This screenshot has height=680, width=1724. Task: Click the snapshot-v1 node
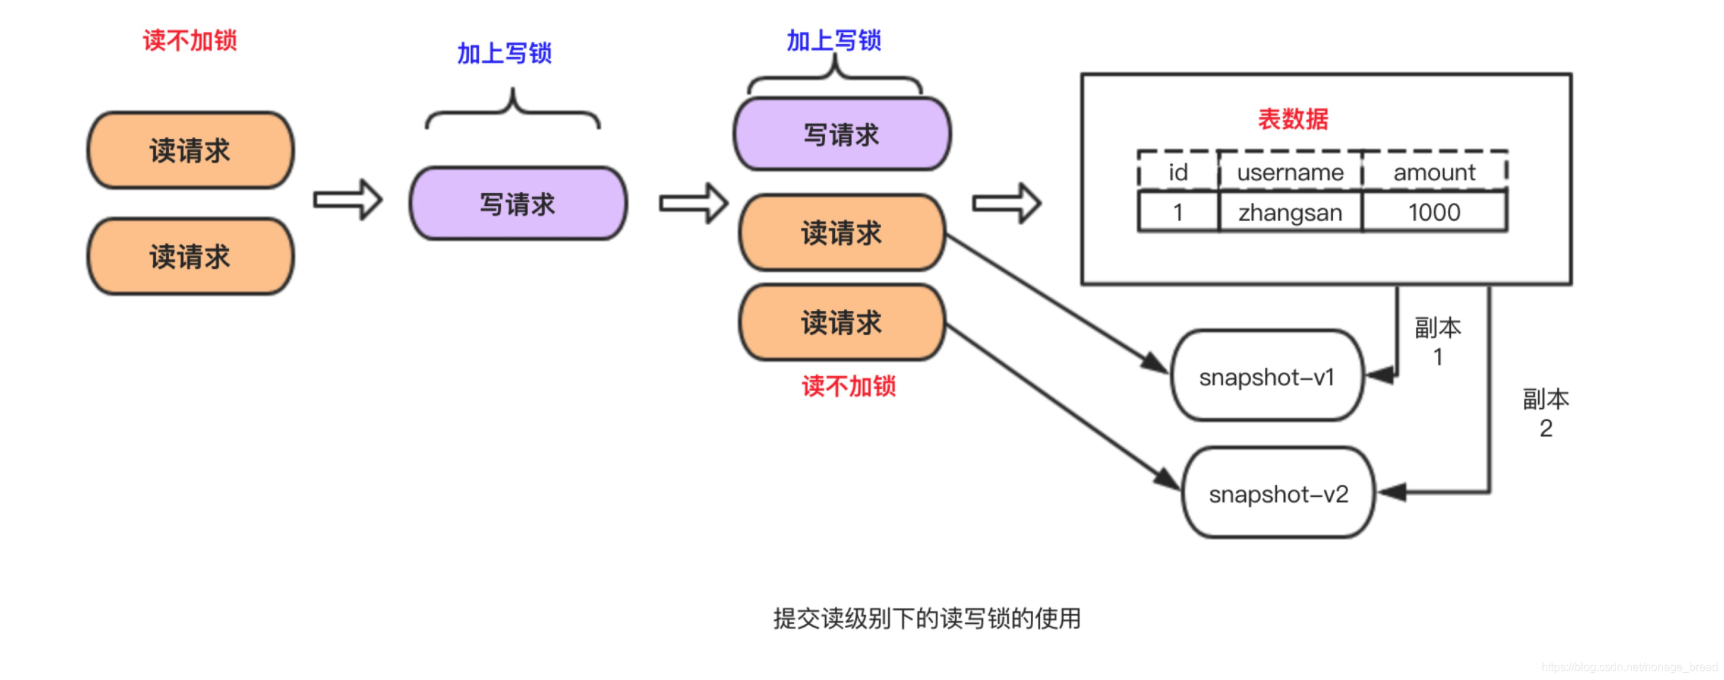pos(1266,376)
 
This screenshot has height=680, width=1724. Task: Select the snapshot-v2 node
pos(1278,493)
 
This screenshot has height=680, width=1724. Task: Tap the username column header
pos(1290,172)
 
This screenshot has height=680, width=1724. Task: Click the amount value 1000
pos(1434,212)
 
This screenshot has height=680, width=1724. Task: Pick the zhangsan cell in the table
pos(1290,212)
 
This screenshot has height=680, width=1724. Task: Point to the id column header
pos(1178,172)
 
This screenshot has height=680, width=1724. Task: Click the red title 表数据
pos(1293,119)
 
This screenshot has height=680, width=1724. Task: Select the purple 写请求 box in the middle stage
pos(518,204)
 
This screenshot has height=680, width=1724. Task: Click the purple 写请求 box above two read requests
pos(841,134)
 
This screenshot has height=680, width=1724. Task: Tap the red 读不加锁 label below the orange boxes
pos(849,386)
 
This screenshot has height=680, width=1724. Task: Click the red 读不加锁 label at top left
pos(189,40)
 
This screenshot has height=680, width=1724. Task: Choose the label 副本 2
pos(1545,413)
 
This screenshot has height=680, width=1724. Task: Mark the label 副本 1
pos(1437,341)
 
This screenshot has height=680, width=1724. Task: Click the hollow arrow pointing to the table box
pos(1007,204)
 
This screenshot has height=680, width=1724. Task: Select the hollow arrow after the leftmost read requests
pos(348,199)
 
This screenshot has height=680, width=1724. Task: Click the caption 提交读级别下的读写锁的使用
pos(927,618)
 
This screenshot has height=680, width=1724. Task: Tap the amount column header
pos(1434,172)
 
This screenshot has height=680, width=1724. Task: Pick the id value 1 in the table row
pos(1178,212)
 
